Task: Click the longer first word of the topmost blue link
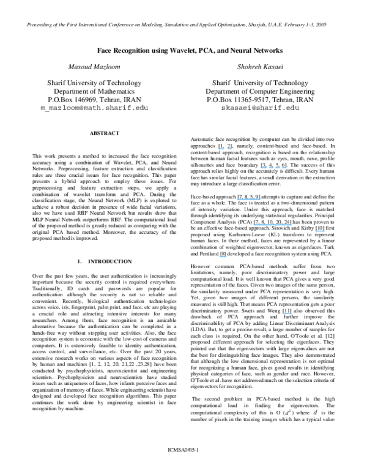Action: tap(221, 149)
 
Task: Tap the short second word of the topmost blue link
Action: tap(229, 149)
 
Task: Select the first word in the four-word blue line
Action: tap(264, 168)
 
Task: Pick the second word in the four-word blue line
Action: tap(271, 168)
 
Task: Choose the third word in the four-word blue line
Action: tap(278, 168)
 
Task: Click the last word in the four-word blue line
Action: tap(284, 168)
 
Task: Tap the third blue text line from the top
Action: tap(249, 199)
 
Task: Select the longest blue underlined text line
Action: tap(272, 225)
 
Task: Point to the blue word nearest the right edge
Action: tap(320, 231)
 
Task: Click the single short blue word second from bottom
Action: tap(223, 256)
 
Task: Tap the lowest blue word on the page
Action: tap(287, 313)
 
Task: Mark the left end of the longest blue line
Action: tap(254, 225)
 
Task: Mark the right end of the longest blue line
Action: tap(291, 225)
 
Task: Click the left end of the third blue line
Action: tap(237, 199)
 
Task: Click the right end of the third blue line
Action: tap(261, 199)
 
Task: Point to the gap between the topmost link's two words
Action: tap(226, 149)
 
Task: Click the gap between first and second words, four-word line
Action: tap(268, 168)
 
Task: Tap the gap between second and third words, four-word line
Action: tap(274, 168)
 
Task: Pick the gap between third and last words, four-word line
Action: tap(281, 168)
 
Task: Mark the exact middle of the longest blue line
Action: tap(272, 225)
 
